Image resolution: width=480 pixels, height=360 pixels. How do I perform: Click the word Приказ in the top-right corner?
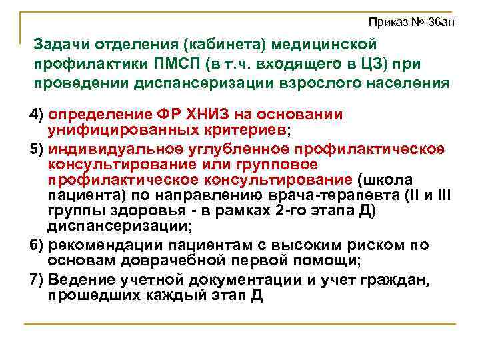click(387, 23)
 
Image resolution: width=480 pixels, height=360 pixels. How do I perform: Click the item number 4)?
click(37, 114)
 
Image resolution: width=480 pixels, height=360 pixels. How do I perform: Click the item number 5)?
click(37, 148)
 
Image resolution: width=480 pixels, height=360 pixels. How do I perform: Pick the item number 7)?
click(37, 279)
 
